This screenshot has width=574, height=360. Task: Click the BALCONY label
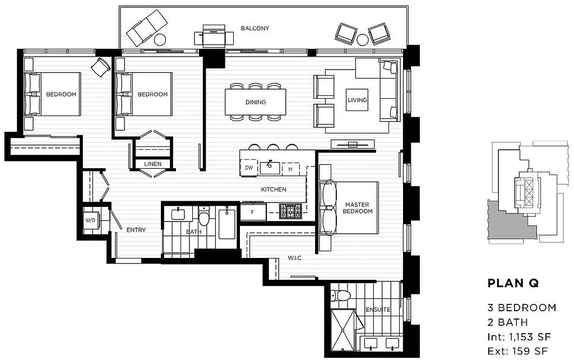(255, 28)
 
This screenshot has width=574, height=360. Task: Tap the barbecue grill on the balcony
(214, 37)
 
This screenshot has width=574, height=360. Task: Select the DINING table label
(255, 102)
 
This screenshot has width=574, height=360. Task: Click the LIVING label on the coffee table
(357, 100)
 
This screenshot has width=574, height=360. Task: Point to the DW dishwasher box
(248, 167)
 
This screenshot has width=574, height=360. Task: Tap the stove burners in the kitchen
(290, 211)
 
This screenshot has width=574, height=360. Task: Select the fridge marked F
(253, 213)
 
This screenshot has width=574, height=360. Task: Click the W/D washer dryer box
(90, 220)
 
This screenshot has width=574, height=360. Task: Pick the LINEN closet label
(152, 164)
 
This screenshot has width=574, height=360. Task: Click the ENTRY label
(136, 230)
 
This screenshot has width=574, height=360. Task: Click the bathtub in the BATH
(226, 224)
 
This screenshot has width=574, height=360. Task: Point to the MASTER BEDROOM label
(358, 208)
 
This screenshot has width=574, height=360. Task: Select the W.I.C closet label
(295, 258)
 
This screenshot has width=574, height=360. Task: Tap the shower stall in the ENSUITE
(343, 327)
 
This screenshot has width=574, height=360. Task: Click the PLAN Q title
(513, 284)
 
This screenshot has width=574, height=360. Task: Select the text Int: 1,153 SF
(520, 336)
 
